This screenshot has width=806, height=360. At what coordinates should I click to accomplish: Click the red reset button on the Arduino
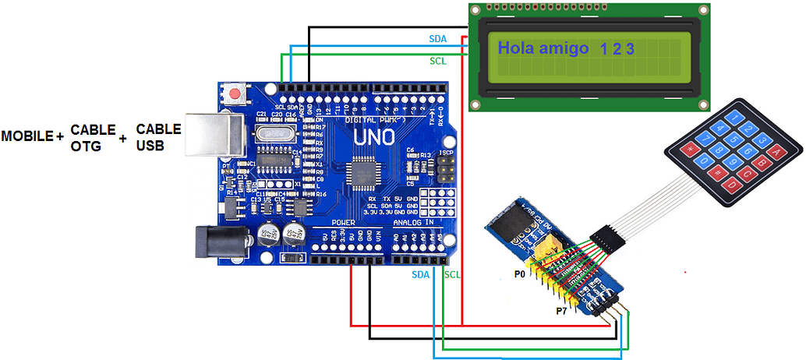tap(235, 95)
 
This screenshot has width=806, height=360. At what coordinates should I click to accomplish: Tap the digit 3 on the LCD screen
tap(630, 49)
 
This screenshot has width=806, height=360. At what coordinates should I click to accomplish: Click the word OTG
tap(86, 145)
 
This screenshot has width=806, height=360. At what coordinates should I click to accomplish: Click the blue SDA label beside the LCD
tap(438, 38)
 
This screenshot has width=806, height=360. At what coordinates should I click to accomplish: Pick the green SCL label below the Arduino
tap(452, 274)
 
